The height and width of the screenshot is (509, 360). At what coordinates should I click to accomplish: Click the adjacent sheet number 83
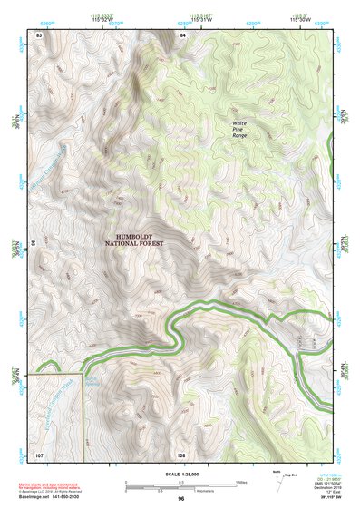click(x=39, y=34)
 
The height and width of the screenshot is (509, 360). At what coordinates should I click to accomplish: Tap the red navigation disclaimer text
click(x=54, y=487)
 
